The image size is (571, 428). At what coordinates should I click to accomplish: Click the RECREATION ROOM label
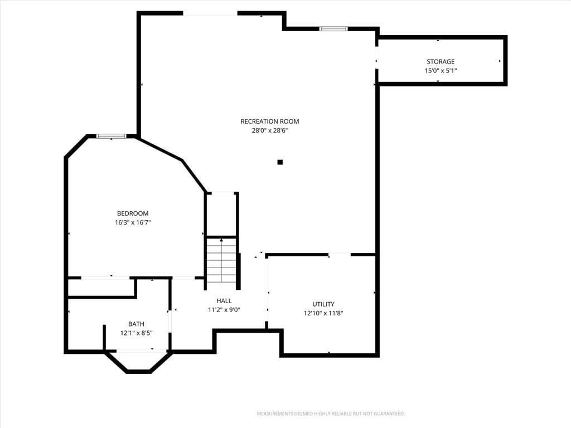pyautogui.click(x=270, y=121)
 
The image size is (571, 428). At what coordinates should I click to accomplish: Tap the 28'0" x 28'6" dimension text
pyautogui.click(x=270, y=130)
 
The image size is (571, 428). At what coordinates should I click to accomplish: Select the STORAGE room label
pyautogui.click(x=441, y=61)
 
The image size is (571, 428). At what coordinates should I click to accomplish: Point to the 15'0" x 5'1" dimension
pyautogui.click(x=441, y=71)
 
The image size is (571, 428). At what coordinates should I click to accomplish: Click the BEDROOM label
pyautogui.click(x=133, y=213)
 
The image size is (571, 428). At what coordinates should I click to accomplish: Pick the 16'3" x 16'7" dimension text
pyautogui.click(x=133, y=222)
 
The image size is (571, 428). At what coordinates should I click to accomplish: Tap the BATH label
pyautogui.click(x=136, y=324)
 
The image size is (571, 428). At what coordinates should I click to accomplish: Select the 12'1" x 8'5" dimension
pyautogui.click(x=136, y=333)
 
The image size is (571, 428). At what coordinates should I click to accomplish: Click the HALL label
pyautogui.click(x=224, y=301)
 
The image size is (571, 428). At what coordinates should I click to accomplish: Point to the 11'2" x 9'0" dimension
pyautogui.click(x=224, y=310)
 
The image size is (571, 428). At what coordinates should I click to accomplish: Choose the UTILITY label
pyautogui.click(x=323, y=304)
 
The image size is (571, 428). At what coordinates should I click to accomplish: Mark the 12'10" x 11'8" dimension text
pyautogui.click(x=323, y=313)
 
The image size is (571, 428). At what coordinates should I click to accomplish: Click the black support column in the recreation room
pyautogui.click(x=280, y=162)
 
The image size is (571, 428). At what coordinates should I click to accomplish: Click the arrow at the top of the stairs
pyautogui.click(x=221, y=240)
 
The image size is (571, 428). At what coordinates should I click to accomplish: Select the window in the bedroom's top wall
pyautogui.click(x=112, y=136)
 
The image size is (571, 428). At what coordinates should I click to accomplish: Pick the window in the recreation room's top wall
pyautogui.click(x=333, y=29)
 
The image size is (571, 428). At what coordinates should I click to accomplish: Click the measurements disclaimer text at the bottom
pyautogui.click(x=331, y=414)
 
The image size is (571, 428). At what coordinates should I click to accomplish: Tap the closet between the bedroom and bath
pyautogui.click(x=101, y=288)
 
